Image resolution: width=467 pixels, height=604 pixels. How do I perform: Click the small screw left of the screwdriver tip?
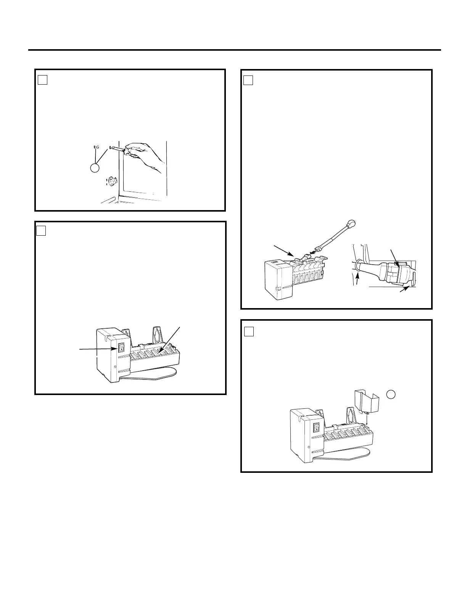[x=97, y=147]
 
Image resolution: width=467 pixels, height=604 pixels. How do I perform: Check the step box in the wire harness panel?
[x=248, y=80]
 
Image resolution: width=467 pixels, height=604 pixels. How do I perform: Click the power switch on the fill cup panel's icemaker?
[x=317, y=428]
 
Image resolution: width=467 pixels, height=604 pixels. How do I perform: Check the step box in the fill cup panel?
[x=248, y=331]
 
